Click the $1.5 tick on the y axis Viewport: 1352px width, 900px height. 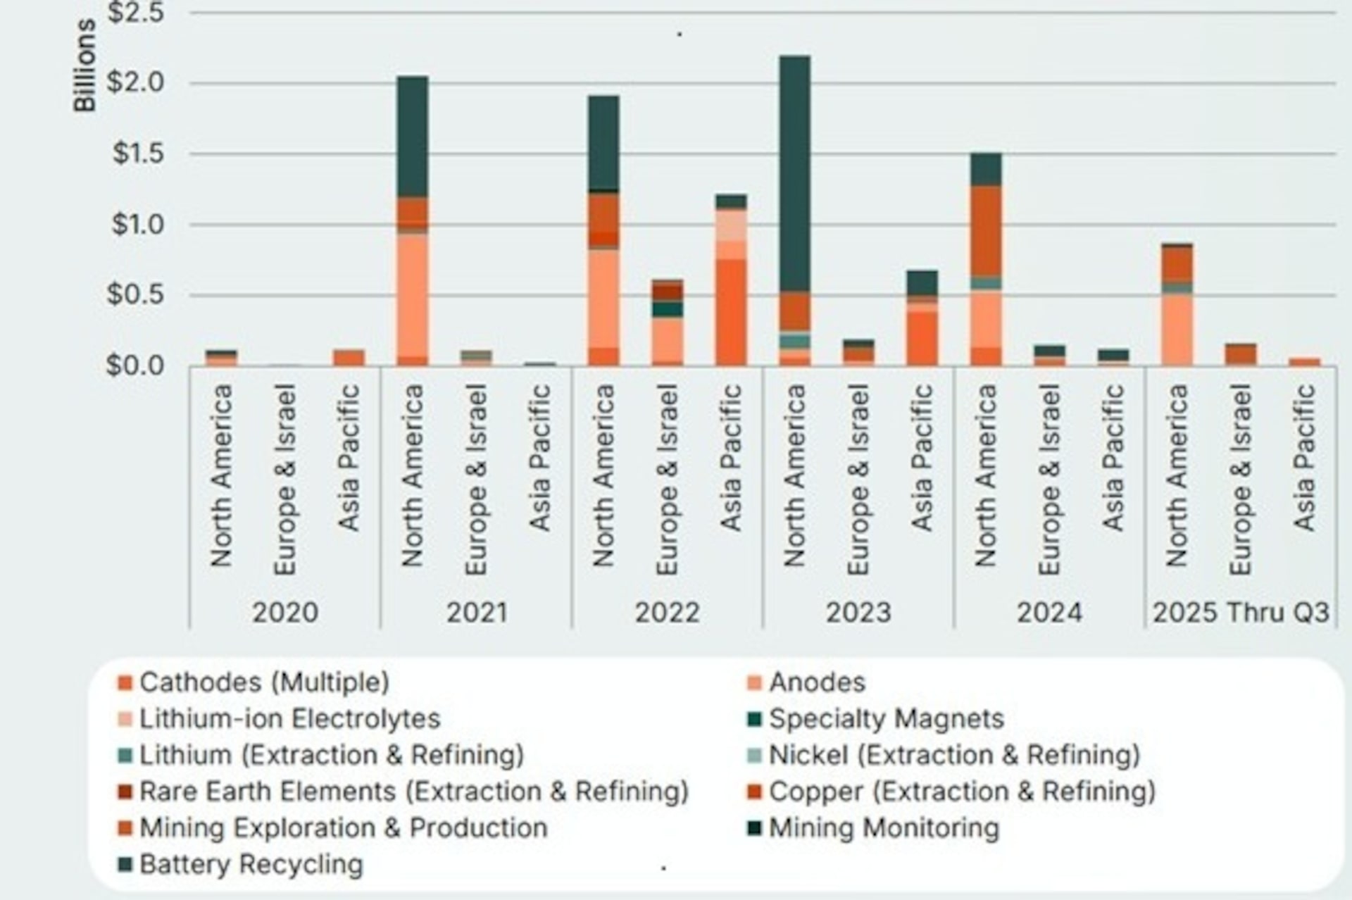138,154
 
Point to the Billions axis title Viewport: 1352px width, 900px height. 84,65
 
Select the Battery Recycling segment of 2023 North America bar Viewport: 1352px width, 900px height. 794,173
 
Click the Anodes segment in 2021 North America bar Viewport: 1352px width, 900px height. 412,296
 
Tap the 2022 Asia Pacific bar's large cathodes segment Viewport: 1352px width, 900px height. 730,312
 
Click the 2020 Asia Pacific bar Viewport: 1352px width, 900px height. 349,357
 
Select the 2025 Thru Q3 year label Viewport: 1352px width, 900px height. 1240,612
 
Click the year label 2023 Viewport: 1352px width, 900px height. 858,612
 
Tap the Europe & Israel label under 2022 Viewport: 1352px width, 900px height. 667,479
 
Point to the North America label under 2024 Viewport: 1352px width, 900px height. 985,475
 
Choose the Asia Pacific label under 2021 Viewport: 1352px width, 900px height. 539,458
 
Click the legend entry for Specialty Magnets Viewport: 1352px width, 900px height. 886,719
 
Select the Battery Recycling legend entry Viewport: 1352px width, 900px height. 251,864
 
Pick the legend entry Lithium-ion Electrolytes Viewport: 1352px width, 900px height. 289,719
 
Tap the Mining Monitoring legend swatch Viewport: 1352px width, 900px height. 754,828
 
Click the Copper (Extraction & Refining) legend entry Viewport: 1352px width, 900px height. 961,792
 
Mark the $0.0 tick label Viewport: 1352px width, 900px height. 134,366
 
